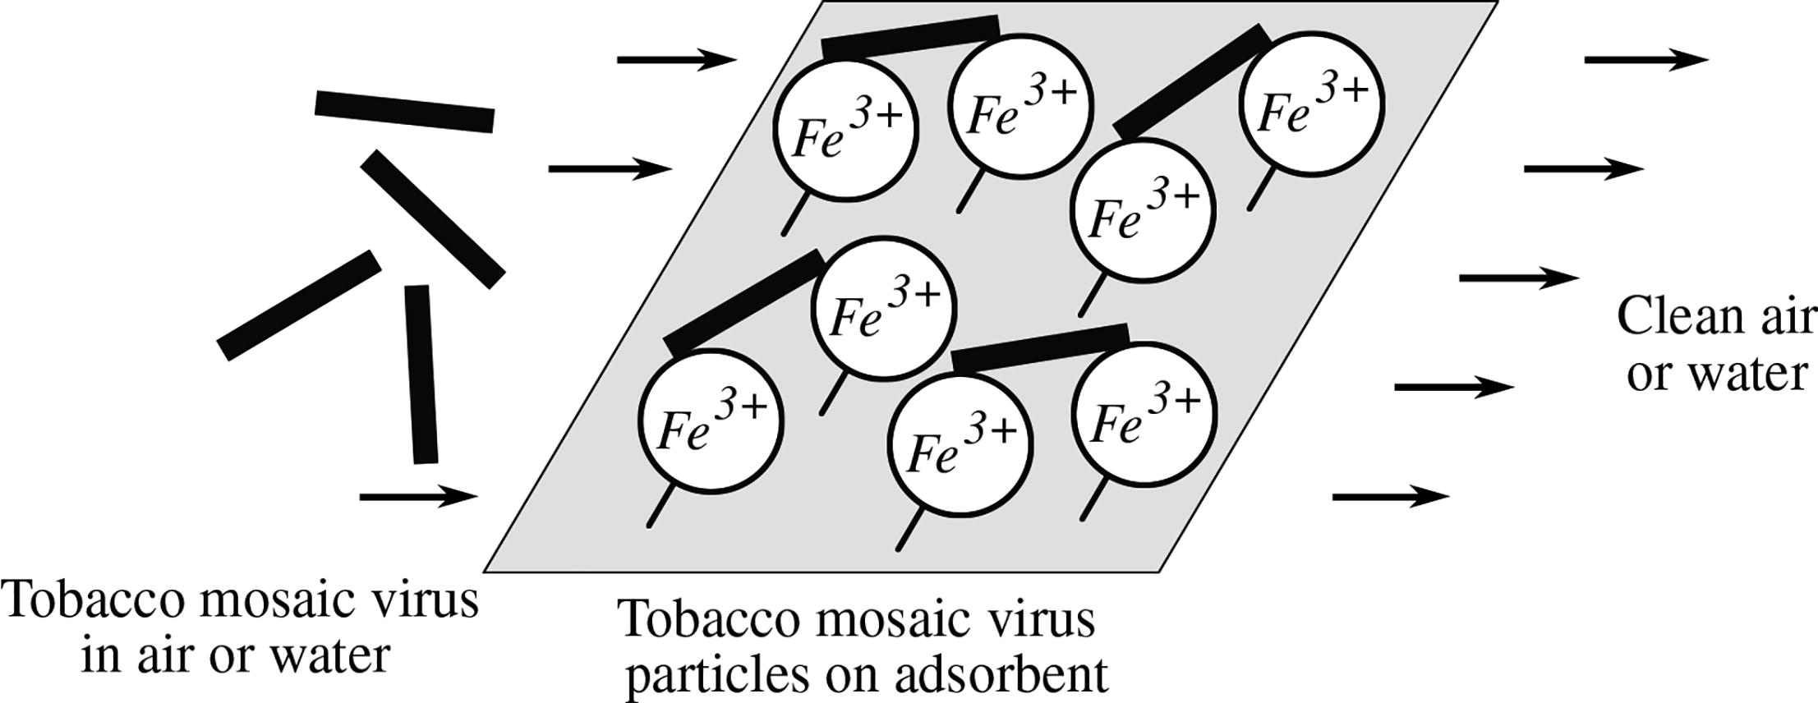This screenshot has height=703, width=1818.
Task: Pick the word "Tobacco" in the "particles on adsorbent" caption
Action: (713, 618)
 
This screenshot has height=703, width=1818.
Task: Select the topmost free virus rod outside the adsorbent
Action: (404, 112)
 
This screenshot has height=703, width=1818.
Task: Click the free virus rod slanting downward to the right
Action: (432, 218)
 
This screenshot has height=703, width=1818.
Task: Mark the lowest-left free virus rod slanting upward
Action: (299, 305)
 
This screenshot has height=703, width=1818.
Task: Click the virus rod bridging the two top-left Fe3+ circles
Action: (911, 38)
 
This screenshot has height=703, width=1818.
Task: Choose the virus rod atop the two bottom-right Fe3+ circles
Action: (1039, 347)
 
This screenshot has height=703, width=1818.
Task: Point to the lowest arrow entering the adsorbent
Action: (418, 496)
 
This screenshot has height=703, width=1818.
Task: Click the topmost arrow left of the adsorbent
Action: (677, 59)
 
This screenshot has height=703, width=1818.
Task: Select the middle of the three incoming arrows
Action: (610, 169)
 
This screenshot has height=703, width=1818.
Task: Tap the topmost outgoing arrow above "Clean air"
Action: (1645, 59)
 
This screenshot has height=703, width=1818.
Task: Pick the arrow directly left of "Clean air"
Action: (1518, 278)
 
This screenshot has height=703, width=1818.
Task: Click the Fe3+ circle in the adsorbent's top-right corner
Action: (1312, 102)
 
